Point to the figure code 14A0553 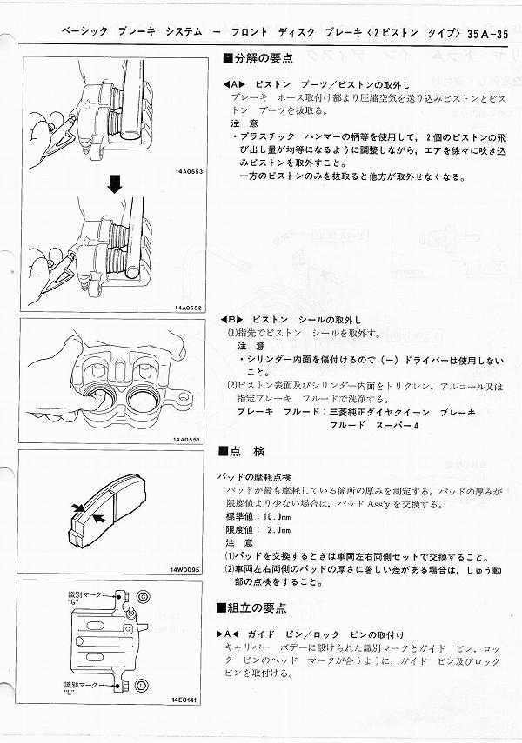click(188, 173)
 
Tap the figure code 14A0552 click(188, 308)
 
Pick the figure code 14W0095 click(188, 571)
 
